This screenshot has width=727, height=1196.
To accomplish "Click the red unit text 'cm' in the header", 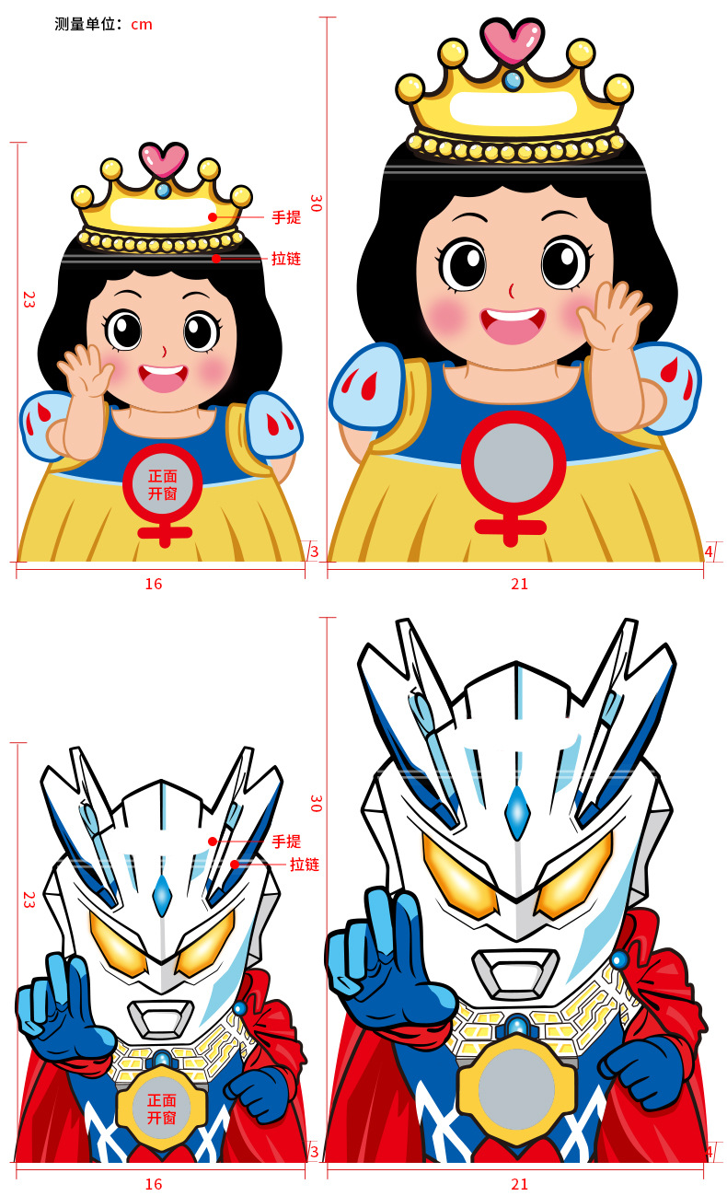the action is [x=142, y=25].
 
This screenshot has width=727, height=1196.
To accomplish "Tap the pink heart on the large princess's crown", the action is [x=512, y=41].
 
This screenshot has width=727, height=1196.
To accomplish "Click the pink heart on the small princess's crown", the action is [x=163, y=159].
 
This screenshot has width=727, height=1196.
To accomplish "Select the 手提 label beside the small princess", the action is [x=286, y=217].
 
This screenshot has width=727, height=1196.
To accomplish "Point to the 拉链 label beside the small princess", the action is [x=286, y=259].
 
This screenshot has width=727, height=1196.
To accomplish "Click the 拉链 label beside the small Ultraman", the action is [x=305, y=865].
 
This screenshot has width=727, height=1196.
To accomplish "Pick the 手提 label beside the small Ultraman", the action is [x=286, y=842].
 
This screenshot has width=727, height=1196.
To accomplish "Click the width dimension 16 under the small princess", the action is [x=154, y=584].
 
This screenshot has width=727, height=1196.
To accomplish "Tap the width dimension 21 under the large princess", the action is [x=519, y=584].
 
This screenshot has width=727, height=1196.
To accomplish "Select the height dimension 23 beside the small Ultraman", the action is [x=29, y=900].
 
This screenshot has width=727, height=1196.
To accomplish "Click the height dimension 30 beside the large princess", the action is [x=316, y=203].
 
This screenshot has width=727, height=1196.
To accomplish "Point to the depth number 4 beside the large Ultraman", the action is [x=709, y=1152].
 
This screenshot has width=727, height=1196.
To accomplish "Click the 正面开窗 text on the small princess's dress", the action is [x=162, y=485].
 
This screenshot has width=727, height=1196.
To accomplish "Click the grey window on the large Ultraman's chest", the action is [x=516, y=1089].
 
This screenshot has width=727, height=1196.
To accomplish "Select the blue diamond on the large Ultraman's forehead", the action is [x=516, y=812].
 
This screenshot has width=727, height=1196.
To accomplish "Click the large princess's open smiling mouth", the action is [x=513, y=325].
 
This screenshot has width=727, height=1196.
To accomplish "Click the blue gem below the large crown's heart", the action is [x=513, y=81].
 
